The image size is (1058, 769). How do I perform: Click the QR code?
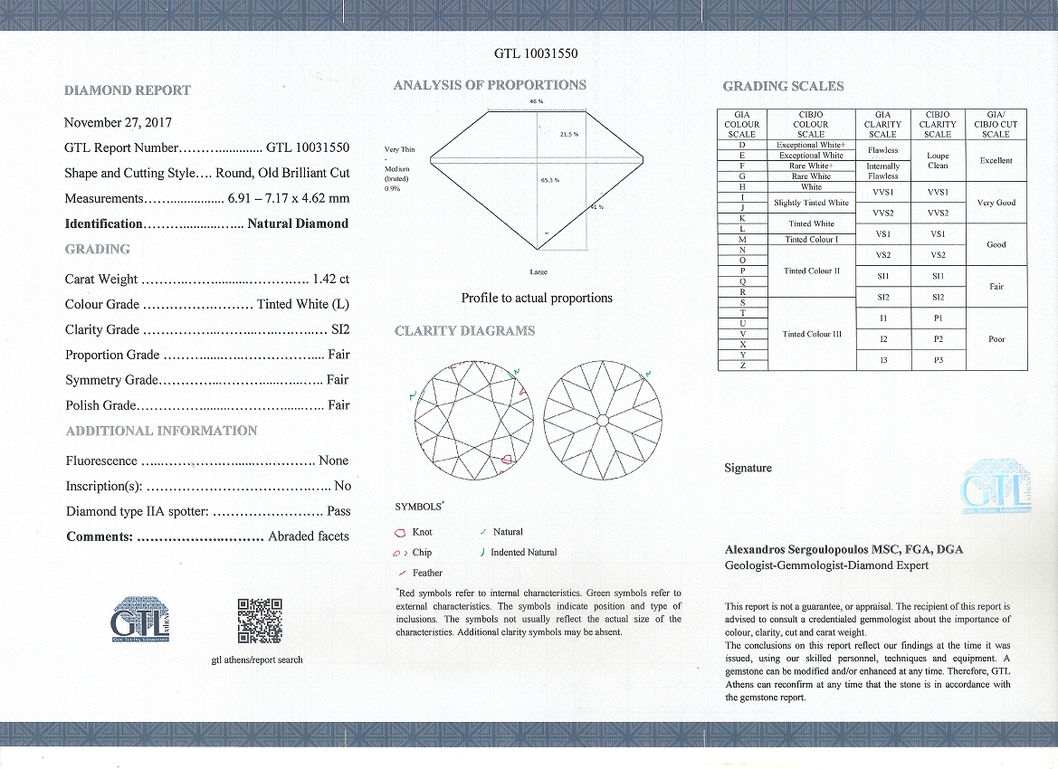[x=260, y=621]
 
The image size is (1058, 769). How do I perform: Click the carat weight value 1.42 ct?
[x=330, y=279]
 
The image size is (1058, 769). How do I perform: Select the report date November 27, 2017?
[x=118, y=122]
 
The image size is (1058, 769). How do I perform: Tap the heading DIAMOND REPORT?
[x=128, y=90]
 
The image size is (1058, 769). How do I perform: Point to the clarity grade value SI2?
[x=338, y=329]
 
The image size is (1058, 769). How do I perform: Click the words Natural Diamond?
[x=298, y=223]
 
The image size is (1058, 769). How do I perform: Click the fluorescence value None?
[x=333, y=460]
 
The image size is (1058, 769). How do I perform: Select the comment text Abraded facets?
[x=308, y=536]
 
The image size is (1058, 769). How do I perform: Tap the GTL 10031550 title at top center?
[x=536, y=53]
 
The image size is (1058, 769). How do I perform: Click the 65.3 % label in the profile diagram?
[x=549, y=180]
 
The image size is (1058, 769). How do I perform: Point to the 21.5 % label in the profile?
[x=568, y=135]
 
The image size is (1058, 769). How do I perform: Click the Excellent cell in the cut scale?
[x=996, y=160]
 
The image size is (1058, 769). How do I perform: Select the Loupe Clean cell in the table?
[x=938, y=160]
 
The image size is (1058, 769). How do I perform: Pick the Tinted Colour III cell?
[x=812, y=334]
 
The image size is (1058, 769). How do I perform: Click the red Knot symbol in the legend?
[x=400, y=532]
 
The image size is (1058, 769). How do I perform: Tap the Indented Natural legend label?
[x=523, y=552]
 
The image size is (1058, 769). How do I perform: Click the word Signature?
[x=748, y=468]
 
